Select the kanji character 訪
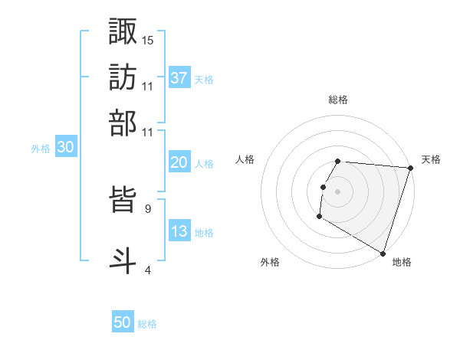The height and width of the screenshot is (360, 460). pyautogui.click(x=123, y=77)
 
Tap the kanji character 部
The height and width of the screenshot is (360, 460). pyautogui.click(x=123, y=123)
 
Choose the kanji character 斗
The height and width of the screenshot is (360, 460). pyautogui.click(x=123, y=258)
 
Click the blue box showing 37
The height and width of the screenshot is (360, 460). pyautogui.click(x=179, y=77)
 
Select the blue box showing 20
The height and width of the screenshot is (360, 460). pyautogui.click(x=179, y=162)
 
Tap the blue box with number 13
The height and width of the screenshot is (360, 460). pyautogui.click(x=179, y=232)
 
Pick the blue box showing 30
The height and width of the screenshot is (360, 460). pyautogui.click(x=65, y=149)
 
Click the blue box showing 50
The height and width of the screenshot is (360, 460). pyautogui.click(x=123, y=323)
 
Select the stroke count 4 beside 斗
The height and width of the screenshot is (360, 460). pyautogui.click(x=147, y=270)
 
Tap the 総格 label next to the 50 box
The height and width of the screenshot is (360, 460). pyautogui.click(x=147, y=324)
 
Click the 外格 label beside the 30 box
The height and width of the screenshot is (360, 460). pyautogui.click(x=41, y=149)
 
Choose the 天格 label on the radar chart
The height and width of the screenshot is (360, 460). pyautogui.click(x=431, y=159)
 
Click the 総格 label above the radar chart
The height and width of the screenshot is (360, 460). pyautogui.click(x=338, y=100)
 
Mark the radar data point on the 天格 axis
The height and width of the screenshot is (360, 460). pyautogui.click(x=410, y=168)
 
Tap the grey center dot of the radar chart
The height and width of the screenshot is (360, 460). pyautogui.click(x=337, y=191)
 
